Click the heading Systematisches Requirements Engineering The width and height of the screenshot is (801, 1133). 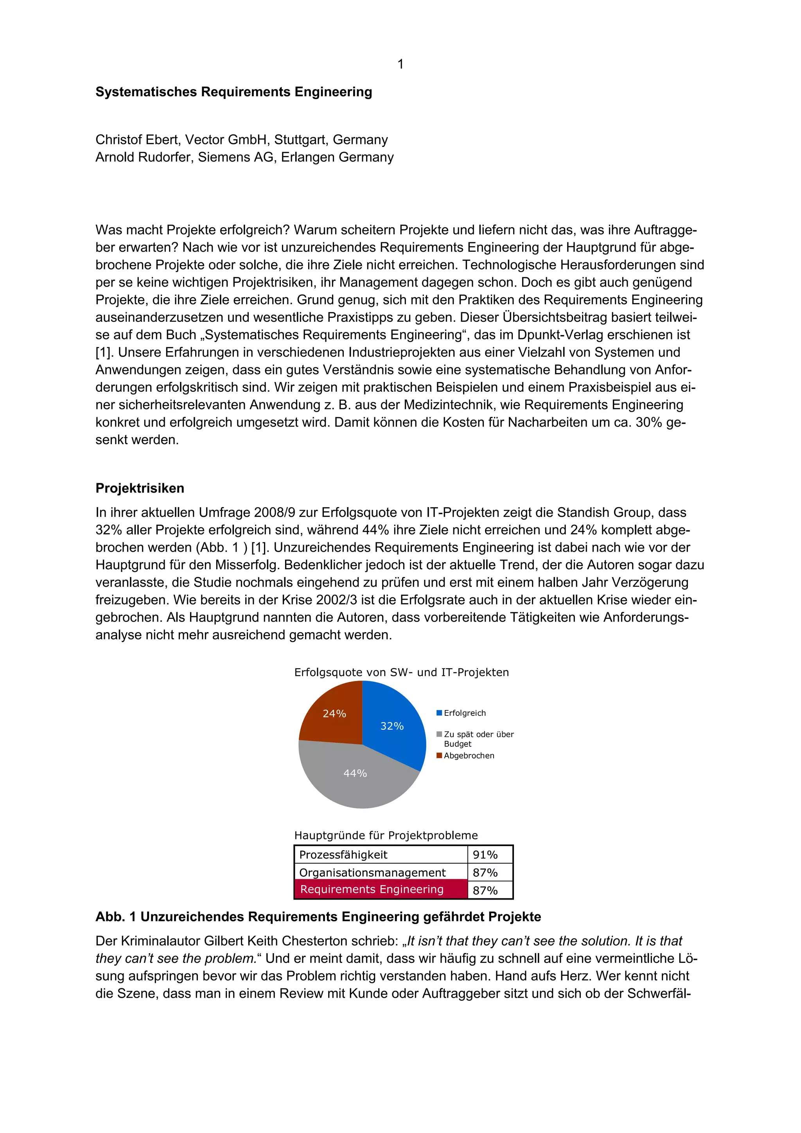[x=233, y=92]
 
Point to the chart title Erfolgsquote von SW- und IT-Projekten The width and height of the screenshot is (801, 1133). [x=401, y=672]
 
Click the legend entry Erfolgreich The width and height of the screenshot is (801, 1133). [x=464, y=713]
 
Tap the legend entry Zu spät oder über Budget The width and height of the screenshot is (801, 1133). [x=478, y=739]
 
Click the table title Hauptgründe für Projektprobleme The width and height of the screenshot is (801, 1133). [x=386, y=835]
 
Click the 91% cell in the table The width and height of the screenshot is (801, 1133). [x=485, y=855]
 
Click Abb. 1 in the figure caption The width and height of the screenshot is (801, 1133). [x=116, y=917]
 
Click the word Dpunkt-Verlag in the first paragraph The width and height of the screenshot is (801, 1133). [x=560, y=335]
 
